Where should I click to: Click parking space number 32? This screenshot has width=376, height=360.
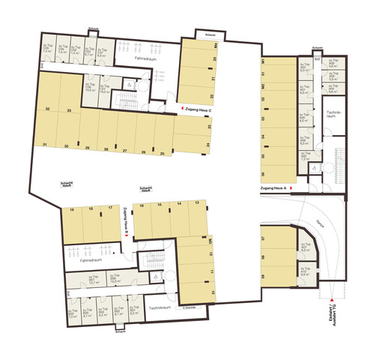point(47,110)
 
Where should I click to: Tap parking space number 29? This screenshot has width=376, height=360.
point(88,148)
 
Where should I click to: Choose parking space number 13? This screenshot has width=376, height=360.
point(196,204)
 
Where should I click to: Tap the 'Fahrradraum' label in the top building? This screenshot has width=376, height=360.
point(144,58)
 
